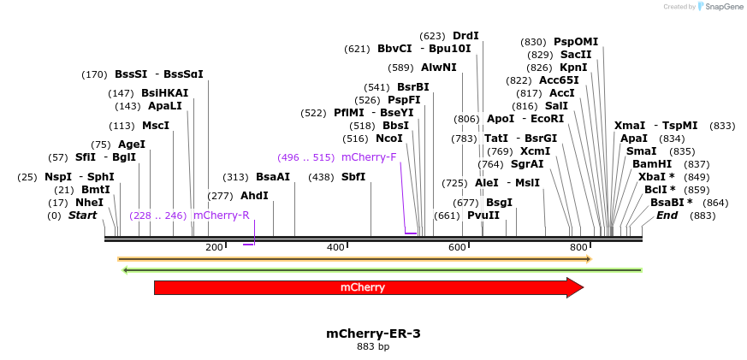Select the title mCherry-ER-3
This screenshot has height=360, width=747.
point(373,333)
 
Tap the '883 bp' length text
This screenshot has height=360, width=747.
point(373,347)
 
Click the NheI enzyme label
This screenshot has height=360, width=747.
point(89,203)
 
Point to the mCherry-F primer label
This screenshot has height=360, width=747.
point(369,157)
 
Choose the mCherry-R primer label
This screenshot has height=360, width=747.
point(221,215)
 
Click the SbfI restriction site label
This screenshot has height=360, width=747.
point(353,177)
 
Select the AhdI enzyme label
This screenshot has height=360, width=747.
point(254,196)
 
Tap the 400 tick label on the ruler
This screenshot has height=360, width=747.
point(335,247)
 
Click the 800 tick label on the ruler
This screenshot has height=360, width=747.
point(578,247)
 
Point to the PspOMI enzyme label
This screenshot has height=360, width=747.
point(576,42)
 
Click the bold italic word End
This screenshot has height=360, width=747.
point(667,215)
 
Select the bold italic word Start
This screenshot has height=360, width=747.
point(83,215)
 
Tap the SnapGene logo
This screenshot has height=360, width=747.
point(716,7)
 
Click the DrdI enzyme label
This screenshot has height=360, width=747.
point(465,36)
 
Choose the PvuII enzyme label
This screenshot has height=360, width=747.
point(483,215)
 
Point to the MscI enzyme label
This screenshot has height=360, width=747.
point(156,126)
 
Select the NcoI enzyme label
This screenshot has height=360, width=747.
point(388,139)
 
